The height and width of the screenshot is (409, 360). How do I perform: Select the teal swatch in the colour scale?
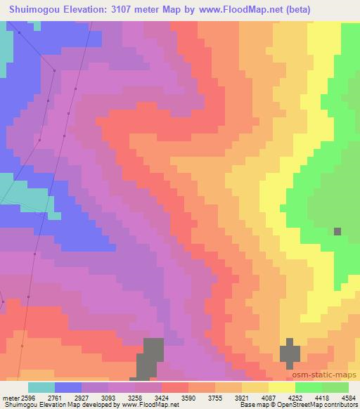[41, 387]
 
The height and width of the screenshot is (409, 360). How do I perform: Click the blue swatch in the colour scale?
[68, 387]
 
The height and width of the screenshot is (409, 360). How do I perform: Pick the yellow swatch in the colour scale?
[281, 387]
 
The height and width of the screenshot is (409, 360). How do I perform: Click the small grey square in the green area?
[338, 231]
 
